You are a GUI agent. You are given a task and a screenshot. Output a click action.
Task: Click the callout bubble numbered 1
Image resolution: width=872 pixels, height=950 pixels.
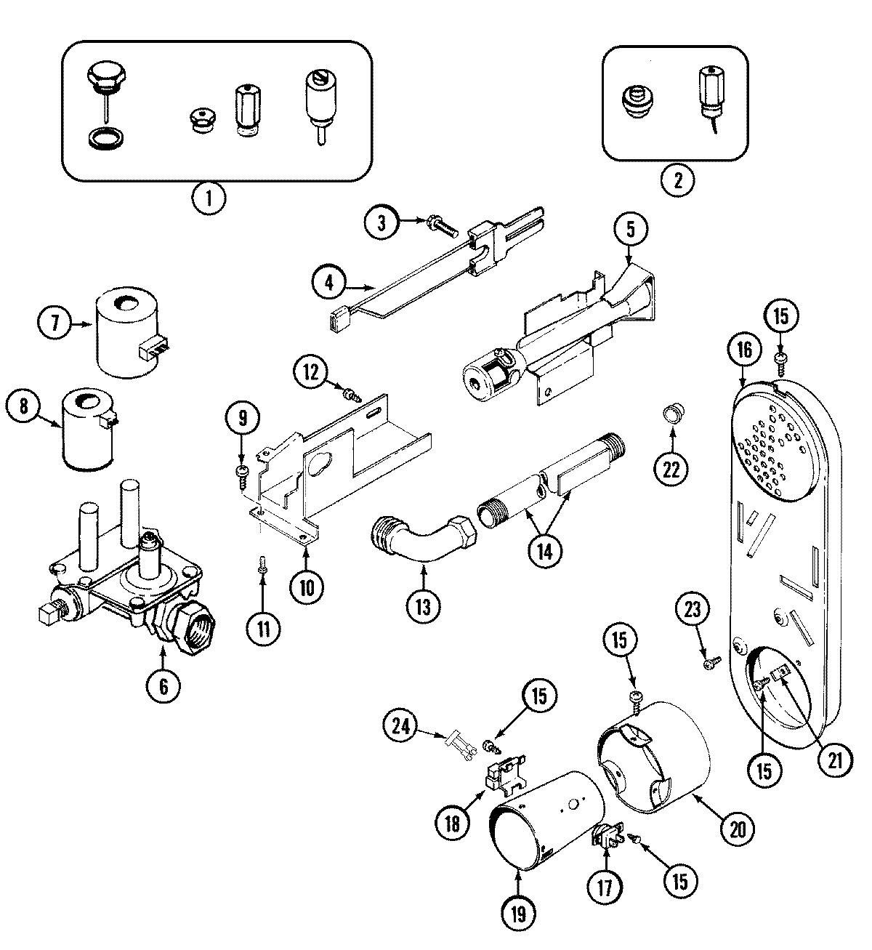[x=209, y=198]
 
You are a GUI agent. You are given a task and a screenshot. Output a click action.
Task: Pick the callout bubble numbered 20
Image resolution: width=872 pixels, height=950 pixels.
[x=737, y=828]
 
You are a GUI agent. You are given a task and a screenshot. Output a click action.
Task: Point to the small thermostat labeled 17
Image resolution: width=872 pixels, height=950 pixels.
[x=606, y=840]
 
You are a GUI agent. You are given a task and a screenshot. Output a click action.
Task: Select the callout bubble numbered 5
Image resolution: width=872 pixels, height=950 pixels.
[x=629, y=228]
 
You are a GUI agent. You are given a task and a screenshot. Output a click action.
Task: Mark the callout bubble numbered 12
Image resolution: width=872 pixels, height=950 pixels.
[x=312, y=371]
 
